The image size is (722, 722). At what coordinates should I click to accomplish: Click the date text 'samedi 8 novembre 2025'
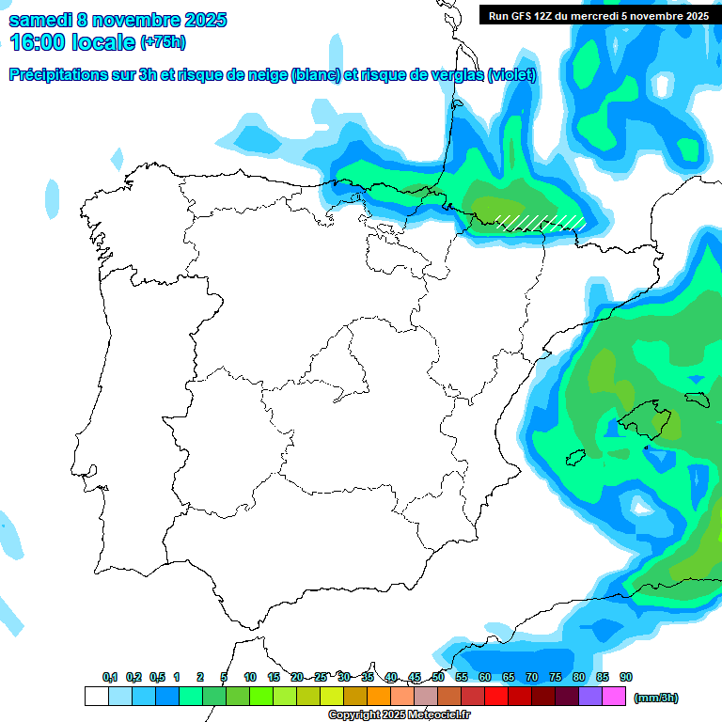click(x=118, y=20)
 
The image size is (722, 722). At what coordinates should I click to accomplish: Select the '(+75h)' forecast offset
click(x=163, y=42)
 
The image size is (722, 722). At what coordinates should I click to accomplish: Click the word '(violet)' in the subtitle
click(x=512, y=75)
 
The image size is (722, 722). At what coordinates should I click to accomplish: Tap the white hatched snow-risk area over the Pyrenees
click(x=541, y=222)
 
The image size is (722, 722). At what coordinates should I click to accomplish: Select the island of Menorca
click(x=697, y=397)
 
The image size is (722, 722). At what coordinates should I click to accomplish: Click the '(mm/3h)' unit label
click(x=655, y=698)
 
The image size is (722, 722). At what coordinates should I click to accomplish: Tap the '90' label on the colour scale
click(x=626, y=678)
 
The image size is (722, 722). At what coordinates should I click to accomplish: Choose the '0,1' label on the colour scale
click(x=110, y=678)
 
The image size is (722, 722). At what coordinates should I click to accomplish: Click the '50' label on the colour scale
click(x=438, y=678)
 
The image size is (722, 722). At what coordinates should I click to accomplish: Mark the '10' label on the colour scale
click(x=250, y=678)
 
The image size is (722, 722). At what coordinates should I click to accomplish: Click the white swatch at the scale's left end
click(x=96, y=697)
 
